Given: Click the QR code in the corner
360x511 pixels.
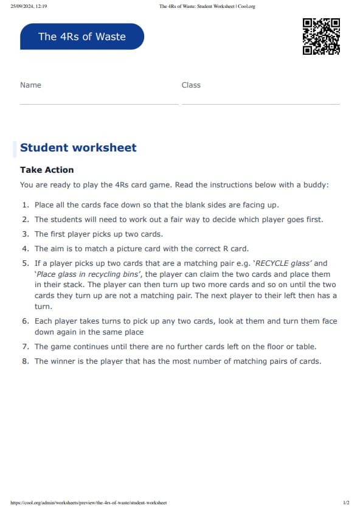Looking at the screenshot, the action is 321,36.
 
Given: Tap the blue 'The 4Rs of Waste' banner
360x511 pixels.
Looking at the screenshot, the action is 82,36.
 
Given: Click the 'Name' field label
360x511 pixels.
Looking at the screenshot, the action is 30,85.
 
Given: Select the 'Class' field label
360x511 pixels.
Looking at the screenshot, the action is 191,85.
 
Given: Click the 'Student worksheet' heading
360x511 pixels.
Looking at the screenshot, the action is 78,148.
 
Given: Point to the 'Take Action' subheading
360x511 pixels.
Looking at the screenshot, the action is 47,170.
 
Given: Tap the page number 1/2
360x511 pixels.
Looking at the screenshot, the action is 346,502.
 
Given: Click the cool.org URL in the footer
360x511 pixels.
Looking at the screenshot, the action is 89,502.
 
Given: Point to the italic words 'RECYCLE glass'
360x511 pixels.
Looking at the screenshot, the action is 282,263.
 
